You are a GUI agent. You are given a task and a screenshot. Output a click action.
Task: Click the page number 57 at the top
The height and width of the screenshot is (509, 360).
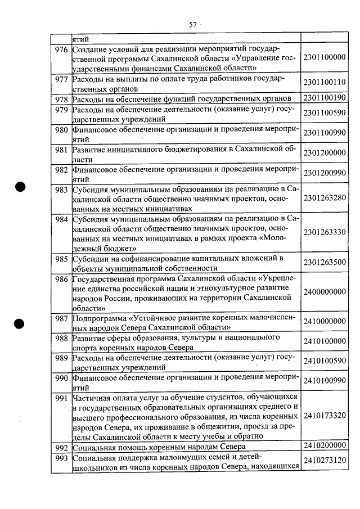192,24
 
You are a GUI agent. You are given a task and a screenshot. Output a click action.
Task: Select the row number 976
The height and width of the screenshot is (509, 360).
61,49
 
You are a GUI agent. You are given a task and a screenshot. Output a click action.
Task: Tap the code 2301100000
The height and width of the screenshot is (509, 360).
324,58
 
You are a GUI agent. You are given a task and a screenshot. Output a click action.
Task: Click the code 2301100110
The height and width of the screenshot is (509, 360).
324,83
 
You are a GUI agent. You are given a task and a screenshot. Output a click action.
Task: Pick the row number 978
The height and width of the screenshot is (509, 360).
61,100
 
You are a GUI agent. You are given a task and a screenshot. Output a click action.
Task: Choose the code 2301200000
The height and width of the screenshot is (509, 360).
324,153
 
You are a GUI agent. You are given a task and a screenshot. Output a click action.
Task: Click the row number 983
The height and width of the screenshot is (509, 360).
61,190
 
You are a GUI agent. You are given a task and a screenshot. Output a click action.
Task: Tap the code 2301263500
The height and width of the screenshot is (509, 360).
324,263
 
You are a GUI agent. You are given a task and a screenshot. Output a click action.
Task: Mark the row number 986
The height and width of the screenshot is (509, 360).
61,279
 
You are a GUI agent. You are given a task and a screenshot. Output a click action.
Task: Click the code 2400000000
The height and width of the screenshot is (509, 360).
324,292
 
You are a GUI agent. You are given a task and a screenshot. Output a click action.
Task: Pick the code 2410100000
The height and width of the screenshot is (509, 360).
324,341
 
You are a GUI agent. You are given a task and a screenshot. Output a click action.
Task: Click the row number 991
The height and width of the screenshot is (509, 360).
61,398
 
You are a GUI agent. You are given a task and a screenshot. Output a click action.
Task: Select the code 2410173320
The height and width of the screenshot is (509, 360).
324,417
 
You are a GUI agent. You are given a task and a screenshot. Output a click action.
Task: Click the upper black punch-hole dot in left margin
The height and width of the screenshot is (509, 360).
21,188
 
